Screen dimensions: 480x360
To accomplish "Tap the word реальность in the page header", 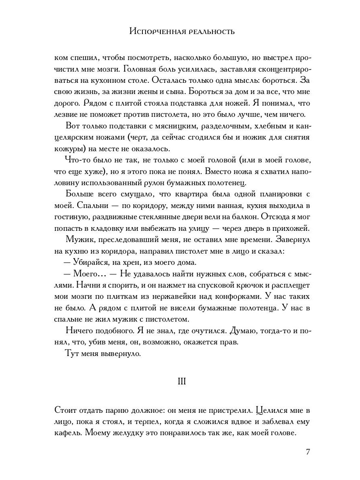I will coord(209,32).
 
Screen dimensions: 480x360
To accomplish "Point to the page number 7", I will coord(307,452).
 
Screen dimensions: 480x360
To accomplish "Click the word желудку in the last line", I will coord(130,434).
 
